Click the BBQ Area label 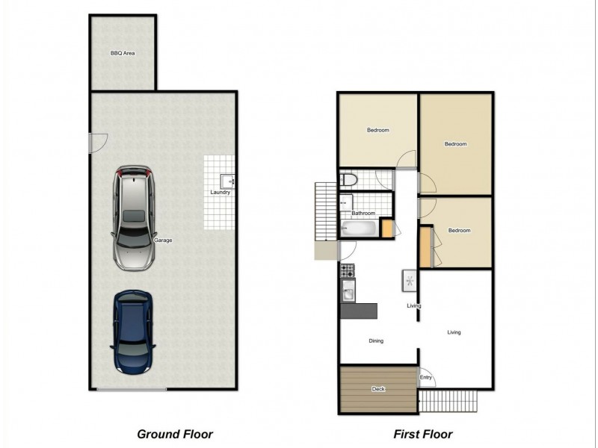coord(123,53)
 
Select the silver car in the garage coord(134,218)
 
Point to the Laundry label coord(221,193)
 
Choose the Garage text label coord(163,240)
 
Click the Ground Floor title coord(175,434)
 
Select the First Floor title coord(422,434)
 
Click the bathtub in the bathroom coord(359,228)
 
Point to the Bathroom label coord(363,214)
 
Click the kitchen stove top coord(347,270)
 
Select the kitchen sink coord(348,291)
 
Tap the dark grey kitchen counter coord(359,311)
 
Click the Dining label coord(376,341)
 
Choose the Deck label coord(378,389)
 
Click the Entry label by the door coord(425,378)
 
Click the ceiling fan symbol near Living coord(410,281)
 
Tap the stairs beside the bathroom coord(326,211)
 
